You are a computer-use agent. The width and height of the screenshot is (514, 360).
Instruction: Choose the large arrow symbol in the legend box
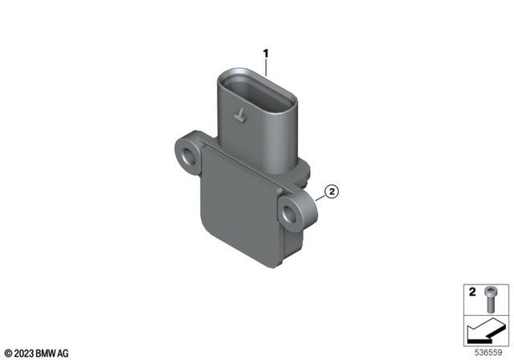point(486,328)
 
